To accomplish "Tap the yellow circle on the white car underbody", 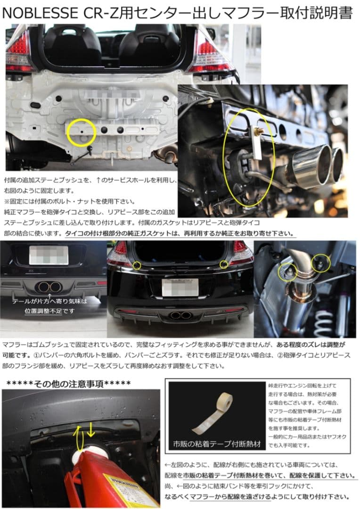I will point(82,132).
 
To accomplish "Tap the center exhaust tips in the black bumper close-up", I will point(49,287).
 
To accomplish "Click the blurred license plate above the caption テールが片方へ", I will point(49,255).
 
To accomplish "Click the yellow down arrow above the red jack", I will point(91,432).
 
